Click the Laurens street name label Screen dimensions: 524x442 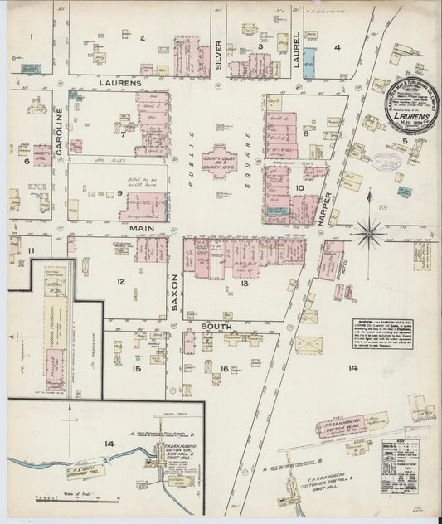point(122,84)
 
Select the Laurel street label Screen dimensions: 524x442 point(297,48)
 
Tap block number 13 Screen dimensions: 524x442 point(245,284)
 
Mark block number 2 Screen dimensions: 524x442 point(142,37)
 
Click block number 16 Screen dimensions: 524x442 point(224,368)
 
